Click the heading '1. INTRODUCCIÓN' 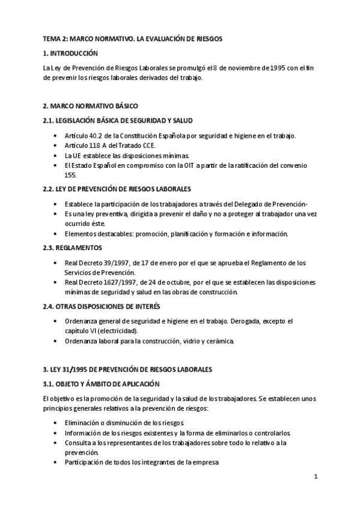click(x=70, y=54)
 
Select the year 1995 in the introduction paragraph click(x=282, y=68)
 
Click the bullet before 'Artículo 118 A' click(x=56, y=146)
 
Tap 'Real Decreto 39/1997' click(x=97, y=263)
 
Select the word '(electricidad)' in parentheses click(x=116, y=331)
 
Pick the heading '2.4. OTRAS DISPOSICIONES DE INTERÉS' click(x=105, y=306)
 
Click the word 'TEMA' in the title click(x=52, y=38)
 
